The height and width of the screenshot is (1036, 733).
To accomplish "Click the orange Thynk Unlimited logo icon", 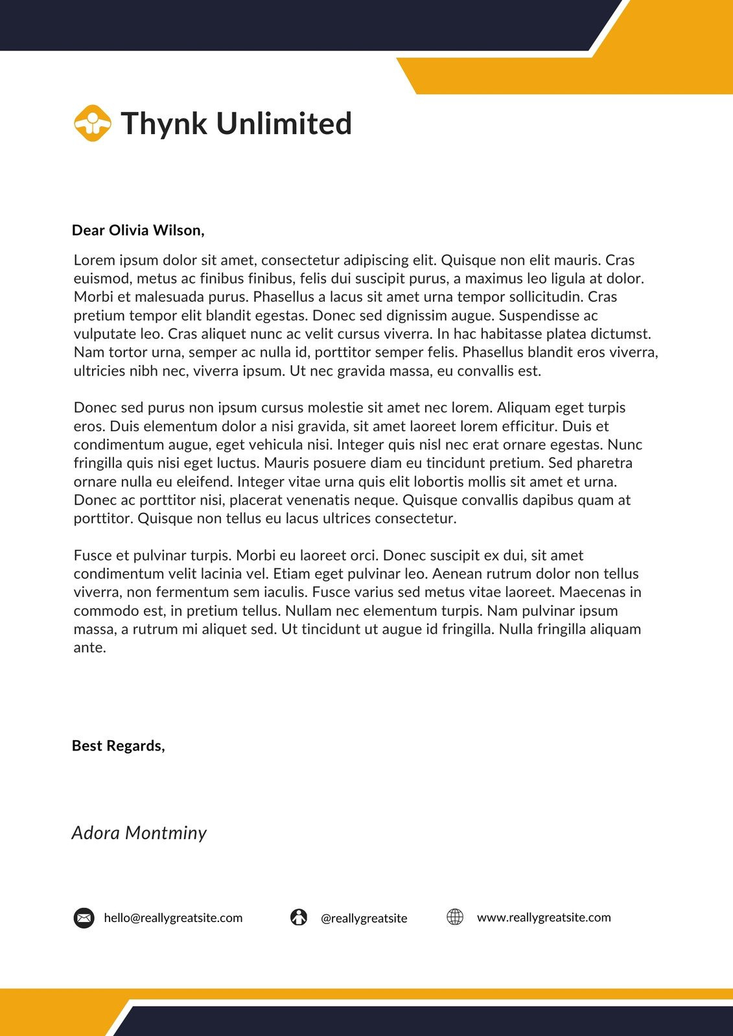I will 93,123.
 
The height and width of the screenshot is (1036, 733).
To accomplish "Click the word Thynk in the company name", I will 164,124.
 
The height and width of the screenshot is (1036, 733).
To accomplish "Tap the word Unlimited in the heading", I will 284,124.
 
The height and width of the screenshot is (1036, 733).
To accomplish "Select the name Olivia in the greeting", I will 128,231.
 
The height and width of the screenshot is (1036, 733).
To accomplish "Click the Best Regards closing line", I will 119,746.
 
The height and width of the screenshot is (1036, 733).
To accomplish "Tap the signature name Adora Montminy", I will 139,833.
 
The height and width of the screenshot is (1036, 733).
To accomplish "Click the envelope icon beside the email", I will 84,918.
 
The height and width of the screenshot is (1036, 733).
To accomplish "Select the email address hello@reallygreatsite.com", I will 173,918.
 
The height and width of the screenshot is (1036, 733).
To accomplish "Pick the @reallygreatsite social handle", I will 364,919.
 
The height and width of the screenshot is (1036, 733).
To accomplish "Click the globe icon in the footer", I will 455,917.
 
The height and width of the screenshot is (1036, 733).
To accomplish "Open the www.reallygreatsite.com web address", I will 544,918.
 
